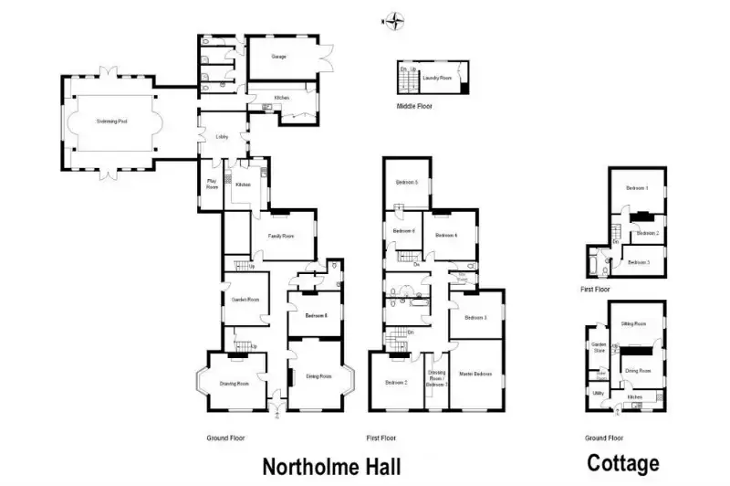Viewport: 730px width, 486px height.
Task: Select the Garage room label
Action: (278, 57)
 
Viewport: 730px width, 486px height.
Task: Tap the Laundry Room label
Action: (442, 77)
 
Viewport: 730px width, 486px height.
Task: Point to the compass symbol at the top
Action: (393, 20)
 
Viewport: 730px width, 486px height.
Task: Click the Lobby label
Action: (221, 137)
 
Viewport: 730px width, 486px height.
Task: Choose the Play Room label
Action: (212, 184)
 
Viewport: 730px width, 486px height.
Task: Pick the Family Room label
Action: (281, 236)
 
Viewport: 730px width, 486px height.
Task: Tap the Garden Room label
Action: (245, 299)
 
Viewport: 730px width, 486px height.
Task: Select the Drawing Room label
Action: (235, 383)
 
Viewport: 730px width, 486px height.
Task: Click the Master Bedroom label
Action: (475, 374)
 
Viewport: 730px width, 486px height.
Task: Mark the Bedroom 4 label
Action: (446, 235)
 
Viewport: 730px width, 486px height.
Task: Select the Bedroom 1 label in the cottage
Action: (637, 188)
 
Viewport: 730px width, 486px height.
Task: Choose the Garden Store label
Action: (599, 347)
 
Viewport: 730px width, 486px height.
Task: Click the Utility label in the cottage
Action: (598, 393)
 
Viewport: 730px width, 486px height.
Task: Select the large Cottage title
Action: (623, 463)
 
